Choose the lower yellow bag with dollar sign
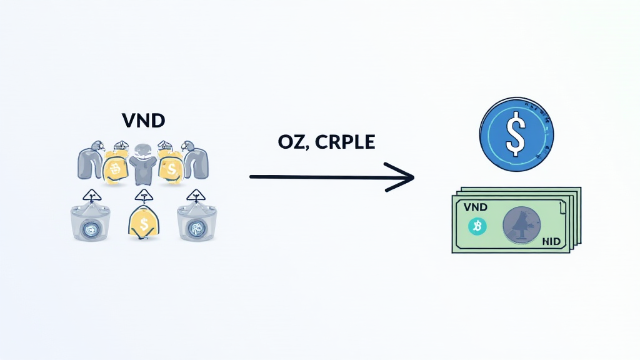click(x=143, y=223)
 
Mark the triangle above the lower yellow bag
click(x=143, y=195)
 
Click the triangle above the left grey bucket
click(x=91, y=195)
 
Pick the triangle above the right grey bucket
click(x=196, y=195)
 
